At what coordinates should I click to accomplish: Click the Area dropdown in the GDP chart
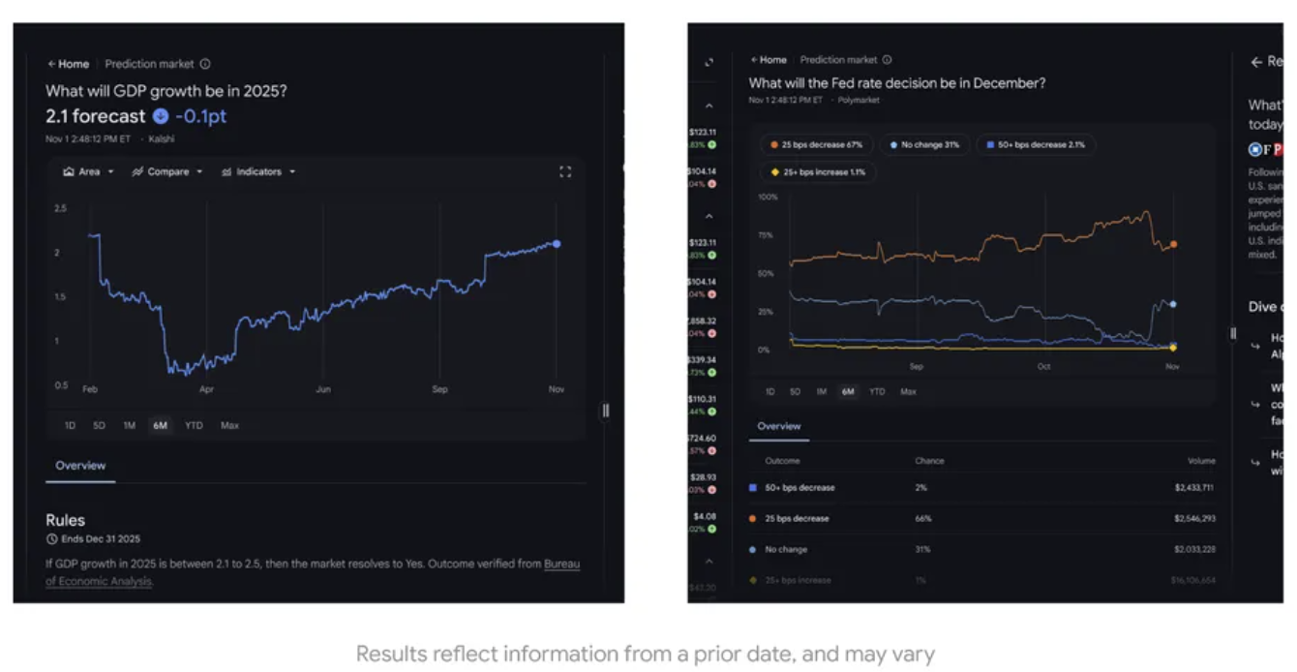coord(88,171)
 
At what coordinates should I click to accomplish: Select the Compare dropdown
coord(167,171)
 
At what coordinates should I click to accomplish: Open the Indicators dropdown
coord(257,171)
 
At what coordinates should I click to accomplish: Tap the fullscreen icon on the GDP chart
coord(565,171)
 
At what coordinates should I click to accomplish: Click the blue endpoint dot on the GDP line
coord(556,244)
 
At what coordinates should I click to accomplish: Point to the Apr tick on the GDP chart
coord(206,389)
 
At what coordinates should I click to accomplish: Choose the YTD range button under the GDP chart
coord(194,425)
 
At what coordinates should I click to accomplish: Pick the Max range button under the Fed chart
coord(908,392)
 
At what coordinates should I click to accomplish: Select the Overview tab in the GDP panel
coord(80,466)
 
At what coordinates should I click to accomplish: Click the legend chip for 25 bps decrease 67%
coord(816,145)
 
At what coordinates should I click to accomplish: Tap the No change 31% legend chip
coord(924,145)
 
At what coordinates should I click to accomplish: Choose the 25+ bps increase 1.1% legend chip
coord(817,172)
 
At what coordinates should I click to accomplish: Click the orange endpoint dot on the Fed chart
coord(1173,245)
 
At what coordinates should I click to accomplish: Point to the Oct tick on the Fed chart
coord(1044,367)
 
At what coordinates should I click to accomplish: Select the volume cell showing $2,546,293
coord(1194,519)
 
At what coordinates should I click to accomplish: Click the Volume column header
coord(1201,461)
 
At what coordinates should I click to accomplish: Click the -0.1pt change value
coord(200,116)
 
